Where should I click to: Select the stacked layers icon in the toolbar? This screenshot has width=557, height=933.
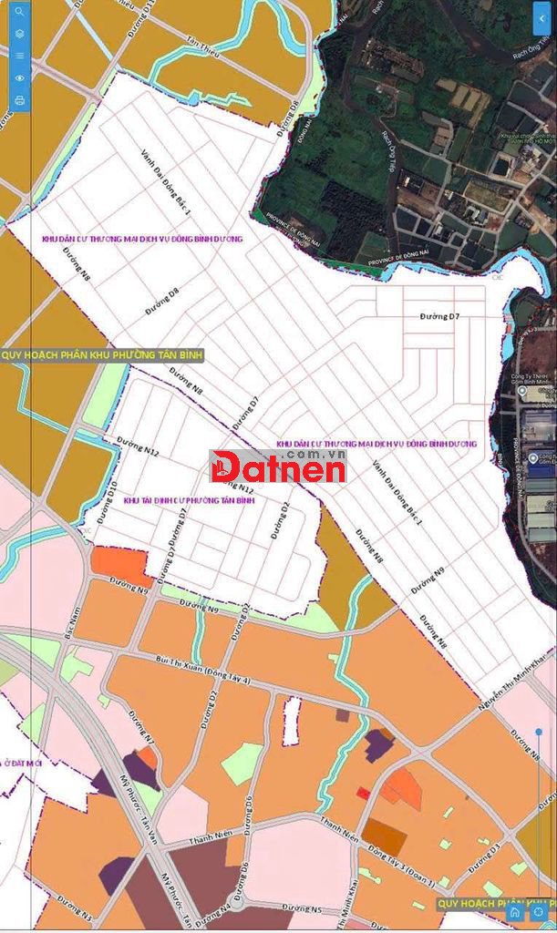[19, 34]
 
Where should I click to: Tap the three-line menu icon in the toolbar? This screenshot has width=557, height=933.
[19, 56]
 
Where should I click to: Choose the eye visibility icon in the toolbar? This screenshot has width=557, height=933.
[19, 78]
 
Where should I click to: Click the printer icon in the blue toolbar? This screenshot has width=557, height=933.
[19, 100]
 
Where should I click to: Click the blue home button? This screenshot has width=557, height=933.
[516, 911]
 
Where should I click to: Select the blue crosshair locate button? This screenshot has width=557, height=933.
[539, 911]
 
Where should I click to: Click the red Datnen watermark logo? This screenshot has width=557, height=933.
[278, 467]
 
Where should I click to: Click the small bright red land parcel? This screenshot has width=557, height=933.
[363, 793]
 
